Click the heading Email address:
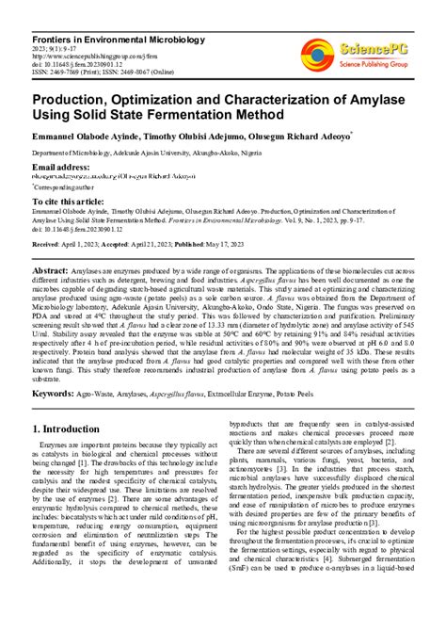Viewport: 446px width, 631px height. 60,167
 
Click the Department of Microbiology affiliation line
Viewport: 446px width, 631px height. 169,153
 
